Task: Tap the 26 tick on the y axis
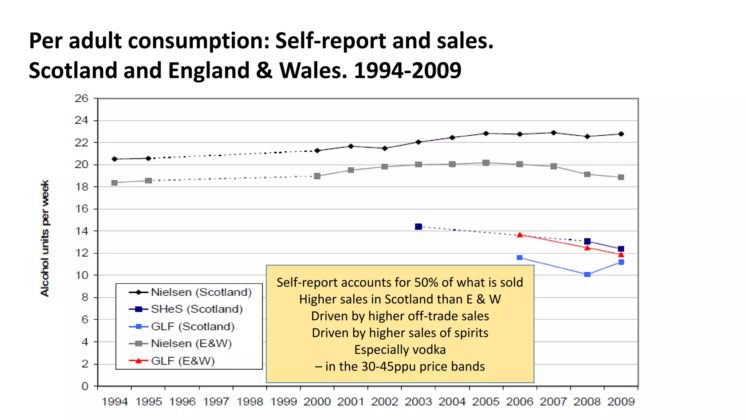pos(81,98)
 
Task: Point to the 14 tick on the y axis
pos(81,231)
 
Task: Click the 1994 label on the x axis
pos(114,402)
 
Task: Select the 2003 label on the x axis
pos(418,402)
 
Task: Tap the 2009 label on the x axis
pos(621,402)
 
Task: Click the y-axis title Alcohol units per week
pos(44,238)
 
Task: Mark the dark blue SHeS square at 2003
pos(419,227)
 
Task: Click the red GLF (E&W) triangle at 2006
pos(520,235)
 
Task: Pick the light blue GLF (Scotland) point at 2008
pos(587,275)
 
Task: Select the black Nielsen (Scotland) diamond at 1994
pos(115,159)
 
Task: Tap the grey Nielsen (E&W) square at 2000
pos(317,176)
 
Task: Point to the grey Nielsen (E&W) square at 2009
pos(621,177)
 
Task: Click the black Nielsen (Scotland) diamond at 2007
pos(554,133)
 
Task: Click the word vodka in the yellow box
pos(428,350)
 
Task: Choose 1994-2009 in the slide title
pos(407,70)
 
